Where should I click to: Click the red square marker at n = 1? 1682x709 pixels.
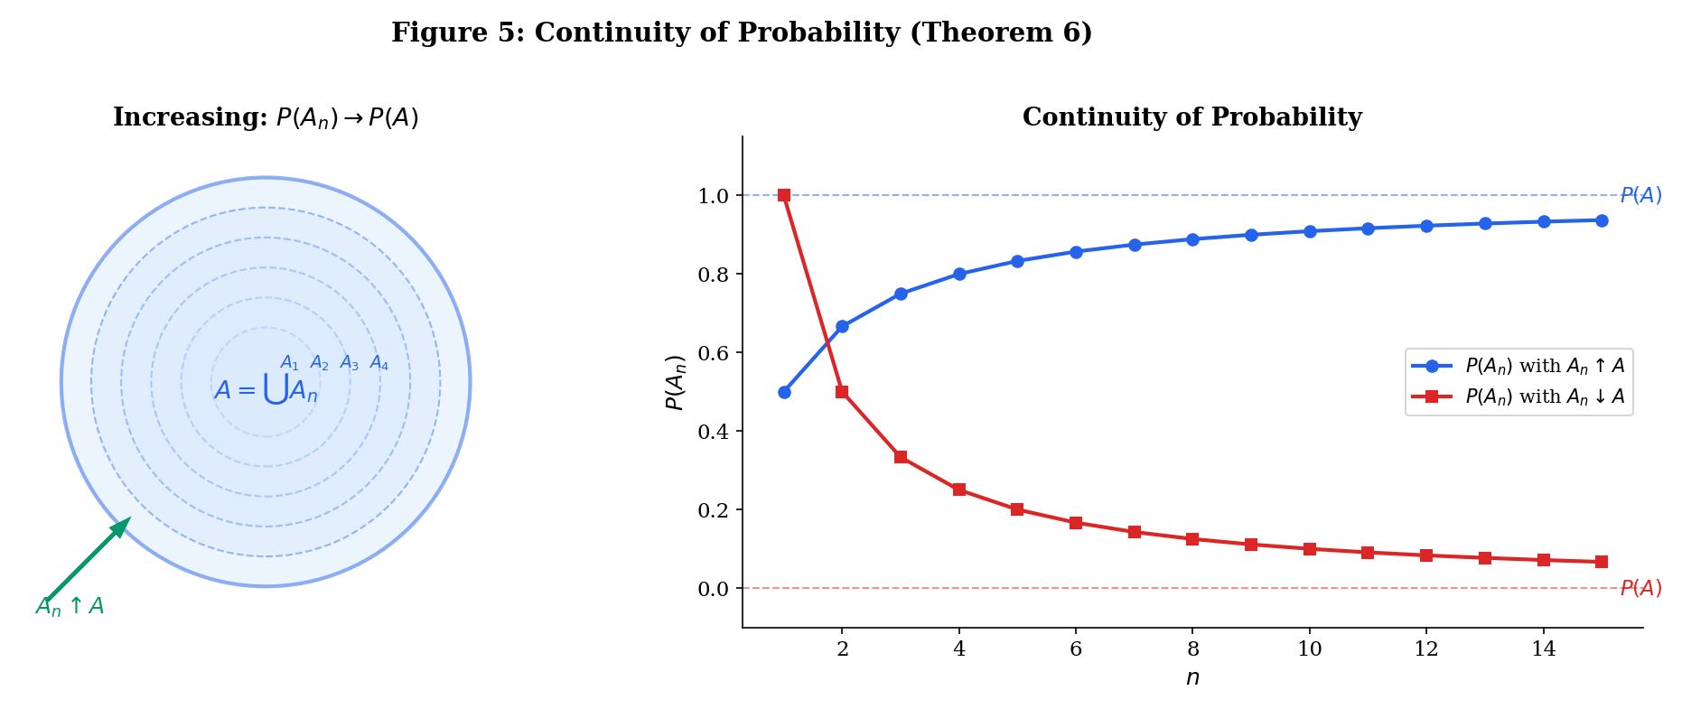784,195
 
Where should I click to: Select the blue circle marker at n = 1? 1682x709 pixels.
784,392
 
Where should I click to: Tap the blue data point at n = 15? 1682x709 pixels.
1602,220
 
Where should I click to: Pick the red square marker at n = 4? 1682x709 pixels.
959,490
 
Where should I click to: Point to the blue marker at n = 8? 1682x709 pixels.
1192,239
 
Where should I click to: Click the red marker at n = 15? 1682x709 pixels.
1602,562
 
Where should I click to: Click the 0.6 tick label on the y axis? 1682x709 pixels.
715,353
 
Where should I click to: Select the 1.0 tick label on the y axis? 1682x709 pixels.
715,196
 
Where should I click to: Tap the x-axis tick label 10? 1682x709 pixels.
1309,648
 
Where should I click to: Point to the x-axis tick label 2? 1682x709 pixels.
842,648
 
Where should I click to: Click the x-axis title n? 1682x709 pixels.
1192,677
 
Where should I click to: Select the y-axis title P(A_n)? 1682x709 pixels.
675,382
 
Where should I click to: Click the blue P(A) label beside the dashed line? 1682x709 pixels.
1640,196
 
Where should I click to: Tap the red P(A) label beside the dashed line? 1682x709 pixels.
1640,589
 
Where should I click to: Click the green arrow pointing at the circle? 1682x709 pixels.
88,560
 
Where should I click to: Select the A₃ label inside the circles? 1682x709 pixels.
350,363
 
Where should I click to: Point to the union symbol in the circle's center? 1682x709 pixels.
276,389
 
